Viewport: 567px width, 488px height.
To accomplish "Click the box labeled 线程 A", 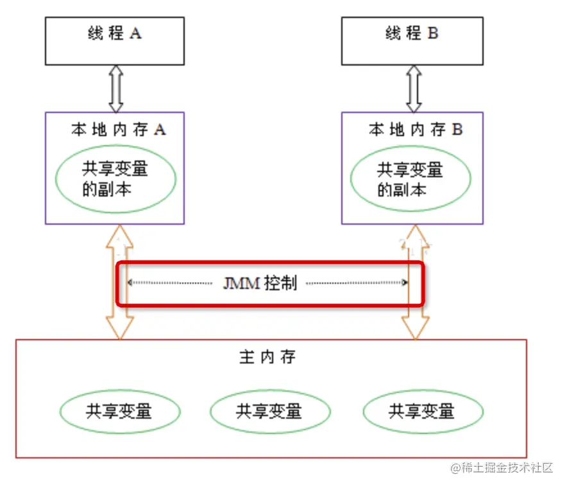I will click(115, 41).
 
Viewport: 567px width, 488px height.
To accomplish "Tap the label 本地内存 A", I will click(118, 129).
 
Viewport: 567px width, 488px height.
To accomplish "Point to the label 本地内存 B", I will click(415, 129).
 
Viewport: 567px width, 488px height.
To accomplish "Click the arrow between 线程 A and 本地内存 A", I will click(115, 89).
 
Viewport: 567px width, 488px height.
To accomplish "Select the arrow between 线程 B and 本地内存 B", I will click(414, 89).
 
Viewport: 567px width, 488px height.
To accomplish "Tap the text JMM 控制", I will click(259, 283).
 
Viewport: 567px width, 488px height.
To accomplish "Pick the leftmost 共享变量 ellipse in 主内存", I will click(120, 411).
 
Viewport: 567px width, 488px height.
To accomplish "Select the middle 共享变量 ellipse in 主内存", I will click(270, 411).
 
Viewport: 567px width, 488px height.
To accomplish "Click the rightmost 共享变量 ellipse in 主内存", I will click(423, 411).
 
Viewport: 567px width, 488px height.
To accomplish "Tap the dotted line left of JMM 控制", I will click(170, 283).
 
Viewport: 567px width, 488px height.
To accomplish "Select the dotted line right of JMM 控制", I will click(356, 283).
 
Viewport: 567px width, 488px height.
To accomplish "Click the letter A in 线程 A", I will click(135, 33).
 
